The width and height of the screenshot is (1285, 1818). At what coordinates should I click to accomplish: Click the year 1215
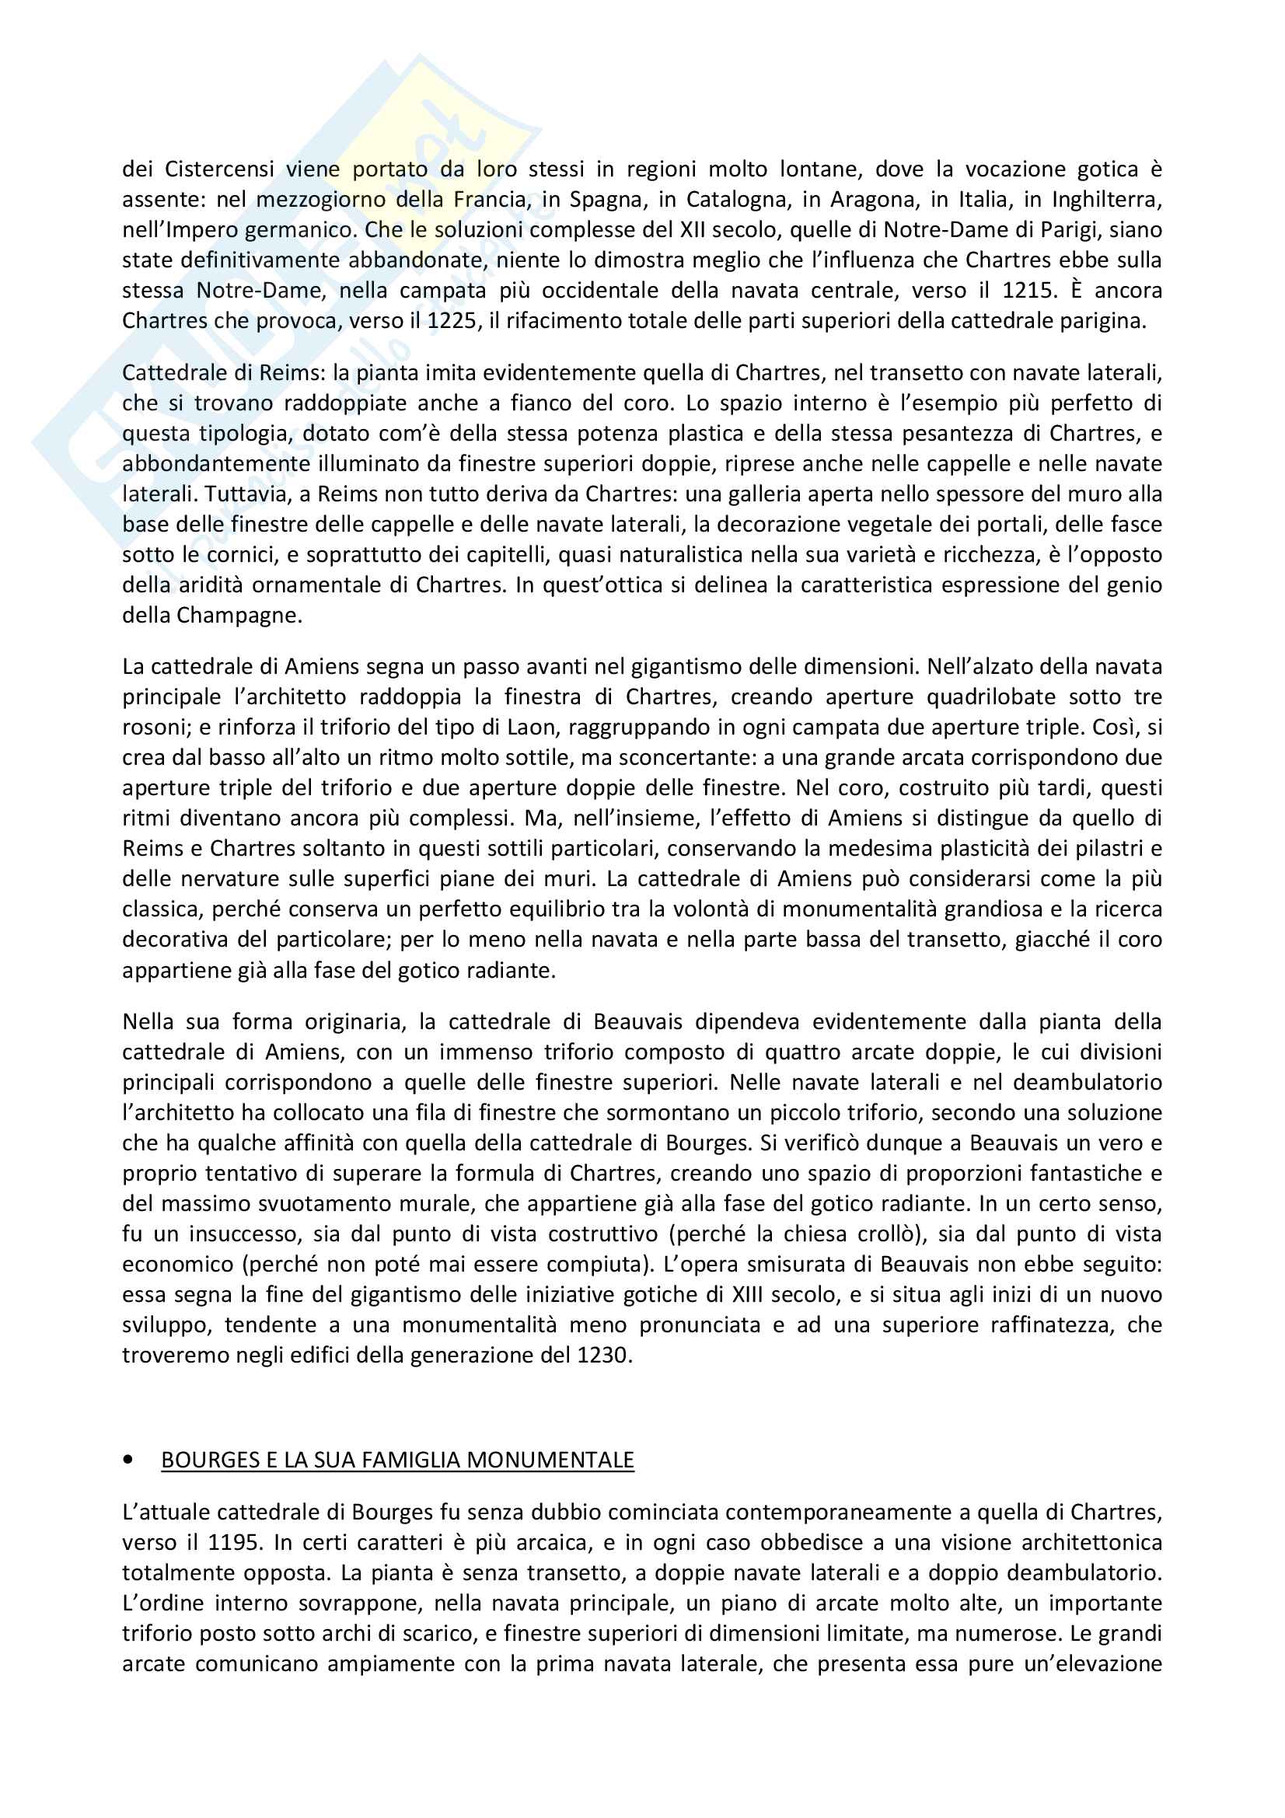point(1028,291)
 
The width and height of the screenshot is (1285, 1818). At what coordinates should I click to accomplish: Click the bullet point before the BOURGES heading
point(128,1460)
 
